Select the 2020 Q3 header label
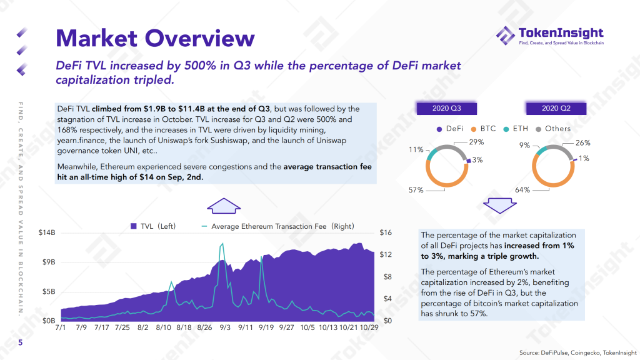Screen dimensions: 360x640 coord(447,108)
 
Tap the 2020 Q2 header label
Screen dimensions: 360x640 coord(556,108)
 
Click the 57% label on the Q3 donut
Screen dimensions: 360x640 coord(416,189)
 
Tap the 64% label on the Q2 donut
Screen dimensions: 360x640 coord(522,189)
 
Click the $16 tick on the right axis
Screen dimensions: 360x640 coord(386,232)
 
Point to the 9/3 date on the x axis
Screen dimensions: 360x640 coord(226,327)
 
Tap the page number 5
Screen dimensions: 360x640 coord(20,343)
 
